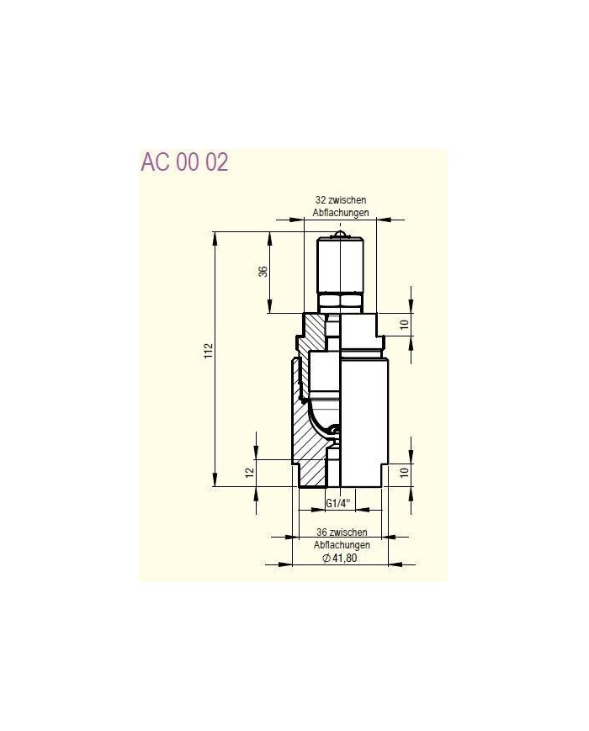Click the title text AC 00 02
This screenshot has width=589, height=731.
pos(184,162)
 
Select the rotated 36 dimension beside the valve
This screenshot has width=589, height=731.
pos(263,272)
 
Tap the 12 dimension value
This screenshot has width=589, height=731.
pos(250,473)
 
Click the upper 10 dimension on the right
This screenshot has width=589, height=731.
pos(404,324)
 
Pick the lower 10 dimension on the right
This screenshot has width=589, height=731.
pos(404,472)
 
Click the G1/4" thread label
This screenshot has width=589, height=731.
pos(338,503)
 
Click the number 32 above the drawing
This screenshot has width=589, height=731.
pos(320,200)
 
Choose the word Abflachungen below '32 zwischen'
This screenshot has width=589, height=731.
pos(341,213)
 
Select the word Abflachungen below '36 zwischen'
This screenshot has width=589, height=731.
pos(342,545)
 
